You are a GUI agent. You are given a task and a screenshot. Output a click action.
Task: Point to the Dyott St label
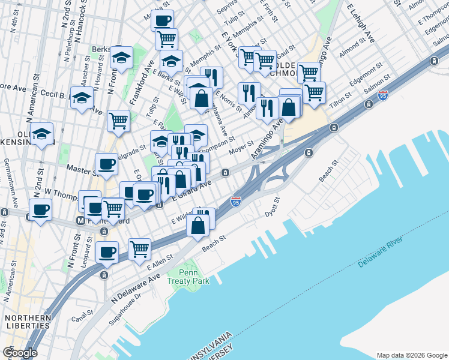click(273, 206)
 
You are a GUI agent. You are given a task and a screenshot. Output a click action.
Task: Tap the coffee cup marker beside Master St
click(107, 164)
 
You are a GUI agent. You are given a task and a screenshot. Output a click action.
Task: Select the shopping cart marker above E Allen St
click(139, 247)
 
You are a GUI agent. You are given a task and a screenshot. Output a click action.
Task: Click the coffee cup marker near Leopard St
click(107, 251)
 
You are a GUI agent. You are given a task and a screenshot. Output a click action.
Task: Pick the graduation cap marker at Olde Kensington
click(42, 134)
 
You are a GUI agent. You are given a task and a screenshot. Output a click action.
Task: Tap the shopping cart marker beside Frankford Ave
click(118, 120)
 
